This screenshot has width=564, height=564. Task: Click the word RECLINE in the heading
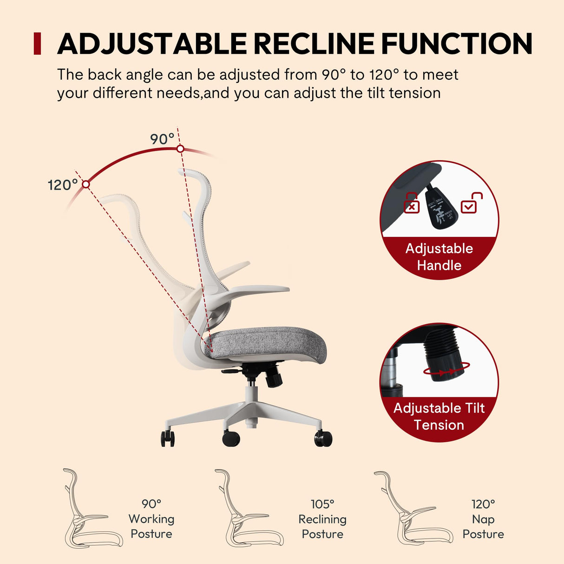314,44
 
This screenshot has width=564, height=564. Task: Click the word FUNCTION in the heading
457,44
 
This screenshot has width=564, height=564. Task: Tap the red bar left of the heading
38,44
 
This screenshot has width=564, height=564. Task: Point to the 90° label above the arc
162,139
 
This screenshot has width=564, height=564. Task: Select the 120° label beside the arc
63,185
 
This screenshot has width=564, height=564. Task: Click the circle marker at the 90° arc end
180,149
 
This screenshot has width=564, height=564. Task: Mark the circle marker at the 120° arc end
85,184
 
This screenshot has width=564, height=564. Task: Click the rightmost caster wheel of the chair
323,439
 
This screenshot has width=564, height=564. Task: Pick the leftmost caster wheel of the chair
168,438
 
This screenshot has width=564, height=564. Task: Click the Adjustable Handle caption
439,257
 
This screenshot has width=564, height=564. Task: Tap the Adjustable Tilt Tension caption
439,416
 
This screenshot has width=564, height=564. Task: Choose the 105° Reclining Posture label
322,519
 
